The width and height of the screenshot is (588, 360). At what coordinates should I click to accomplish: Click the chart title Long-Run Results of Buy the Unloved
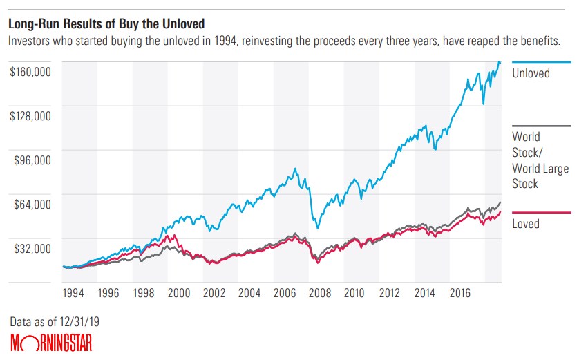pos(106,24)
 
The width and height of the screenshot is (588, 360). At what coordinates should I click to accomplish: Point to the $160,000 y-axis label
pos(30,72)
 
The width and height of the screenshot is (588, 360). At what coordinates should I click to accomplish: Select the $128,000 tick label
pos(30,116)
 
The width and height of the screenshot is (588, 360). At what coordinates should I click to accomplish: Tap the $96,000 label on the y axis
pos(33,160)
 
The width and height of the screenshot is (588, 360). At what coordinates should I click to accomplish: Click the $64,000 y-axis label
pos(33,205)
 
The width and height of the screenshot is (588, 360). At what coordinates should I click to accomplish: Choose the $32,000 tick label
pos(33,249)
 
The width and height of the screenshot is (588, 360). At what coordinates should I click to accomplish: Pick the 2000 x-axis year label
pos(179,292)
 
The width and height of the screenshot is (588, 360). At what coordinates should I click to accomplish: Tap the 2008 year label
pos(319,292)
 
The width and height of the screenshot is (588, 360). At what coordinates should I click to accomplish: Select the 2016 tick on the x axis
pos(459,292)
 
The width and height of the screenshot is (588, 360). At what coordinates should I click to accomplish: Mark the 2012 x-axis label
pos(389,292)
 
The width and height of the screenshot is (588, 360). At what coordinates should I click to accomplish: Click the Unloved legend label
pos(531,73)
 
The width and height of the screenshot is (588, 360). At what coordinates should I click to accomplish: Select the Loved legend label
pos(526,224)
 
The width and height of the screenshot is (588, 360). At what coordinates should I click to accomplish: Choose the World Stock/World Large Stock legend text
pos(540,160)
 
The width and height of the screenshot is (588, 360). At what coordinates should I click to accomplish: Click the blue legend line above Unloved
pos(541,61)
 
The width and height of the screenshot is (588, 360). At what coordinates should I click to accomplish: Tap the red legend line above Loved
pos(541,212)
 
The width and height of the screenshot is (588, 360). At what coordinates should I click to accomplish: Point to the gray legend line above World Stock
pos(541,126)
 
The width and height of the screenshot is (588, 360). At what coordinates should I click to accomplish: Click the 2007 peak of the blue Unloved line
pos(296,168)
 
